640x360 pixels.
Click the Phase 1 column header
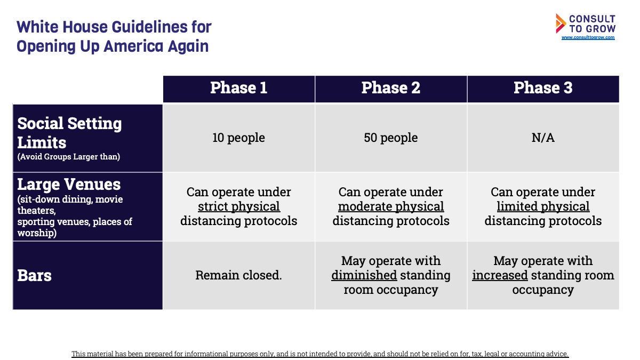pyautogui.click(x=239, y=87)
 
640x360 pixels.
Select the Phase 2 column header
pyautogui.click(x=391, y=87)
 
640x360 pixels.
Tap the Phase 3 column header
pyautogui.click(x=543, y=87)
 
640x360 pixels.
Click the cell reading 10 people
pyautogui.click(x=238, y=138)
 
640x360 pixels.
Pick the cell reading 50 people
pyautogui.click(x=391, y=138)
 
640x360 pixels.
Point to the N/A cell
pyautogui.click(x=543, y=138)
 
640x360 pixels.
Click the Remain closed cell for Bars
pyautogui.click(x=238, y=275)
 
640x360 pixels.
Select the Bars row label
pyautogui.click(x=34, y=276)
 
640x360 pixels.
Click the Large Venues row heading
pyautogui.click(x=69, y=185)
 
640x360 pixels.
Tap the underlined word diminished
pyautogui.click(x=364, y=275)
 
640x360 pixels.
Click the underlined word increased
pyautogui.click(x=500, y=275)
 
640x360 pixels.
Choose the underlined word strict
pyautogui.click(x=212, y=206)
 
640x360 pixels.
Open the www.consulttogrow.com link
pyautogui.click(x=588, y=37)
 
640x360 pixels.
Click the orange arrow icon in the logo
pyautogui.click(x=561, y=23)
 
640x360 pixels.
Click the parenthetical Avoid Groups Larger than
pyautogui.click(x=69, y=157)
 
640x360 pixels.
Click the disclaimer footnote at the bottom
pyautogui.click(x=320, y=354)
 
